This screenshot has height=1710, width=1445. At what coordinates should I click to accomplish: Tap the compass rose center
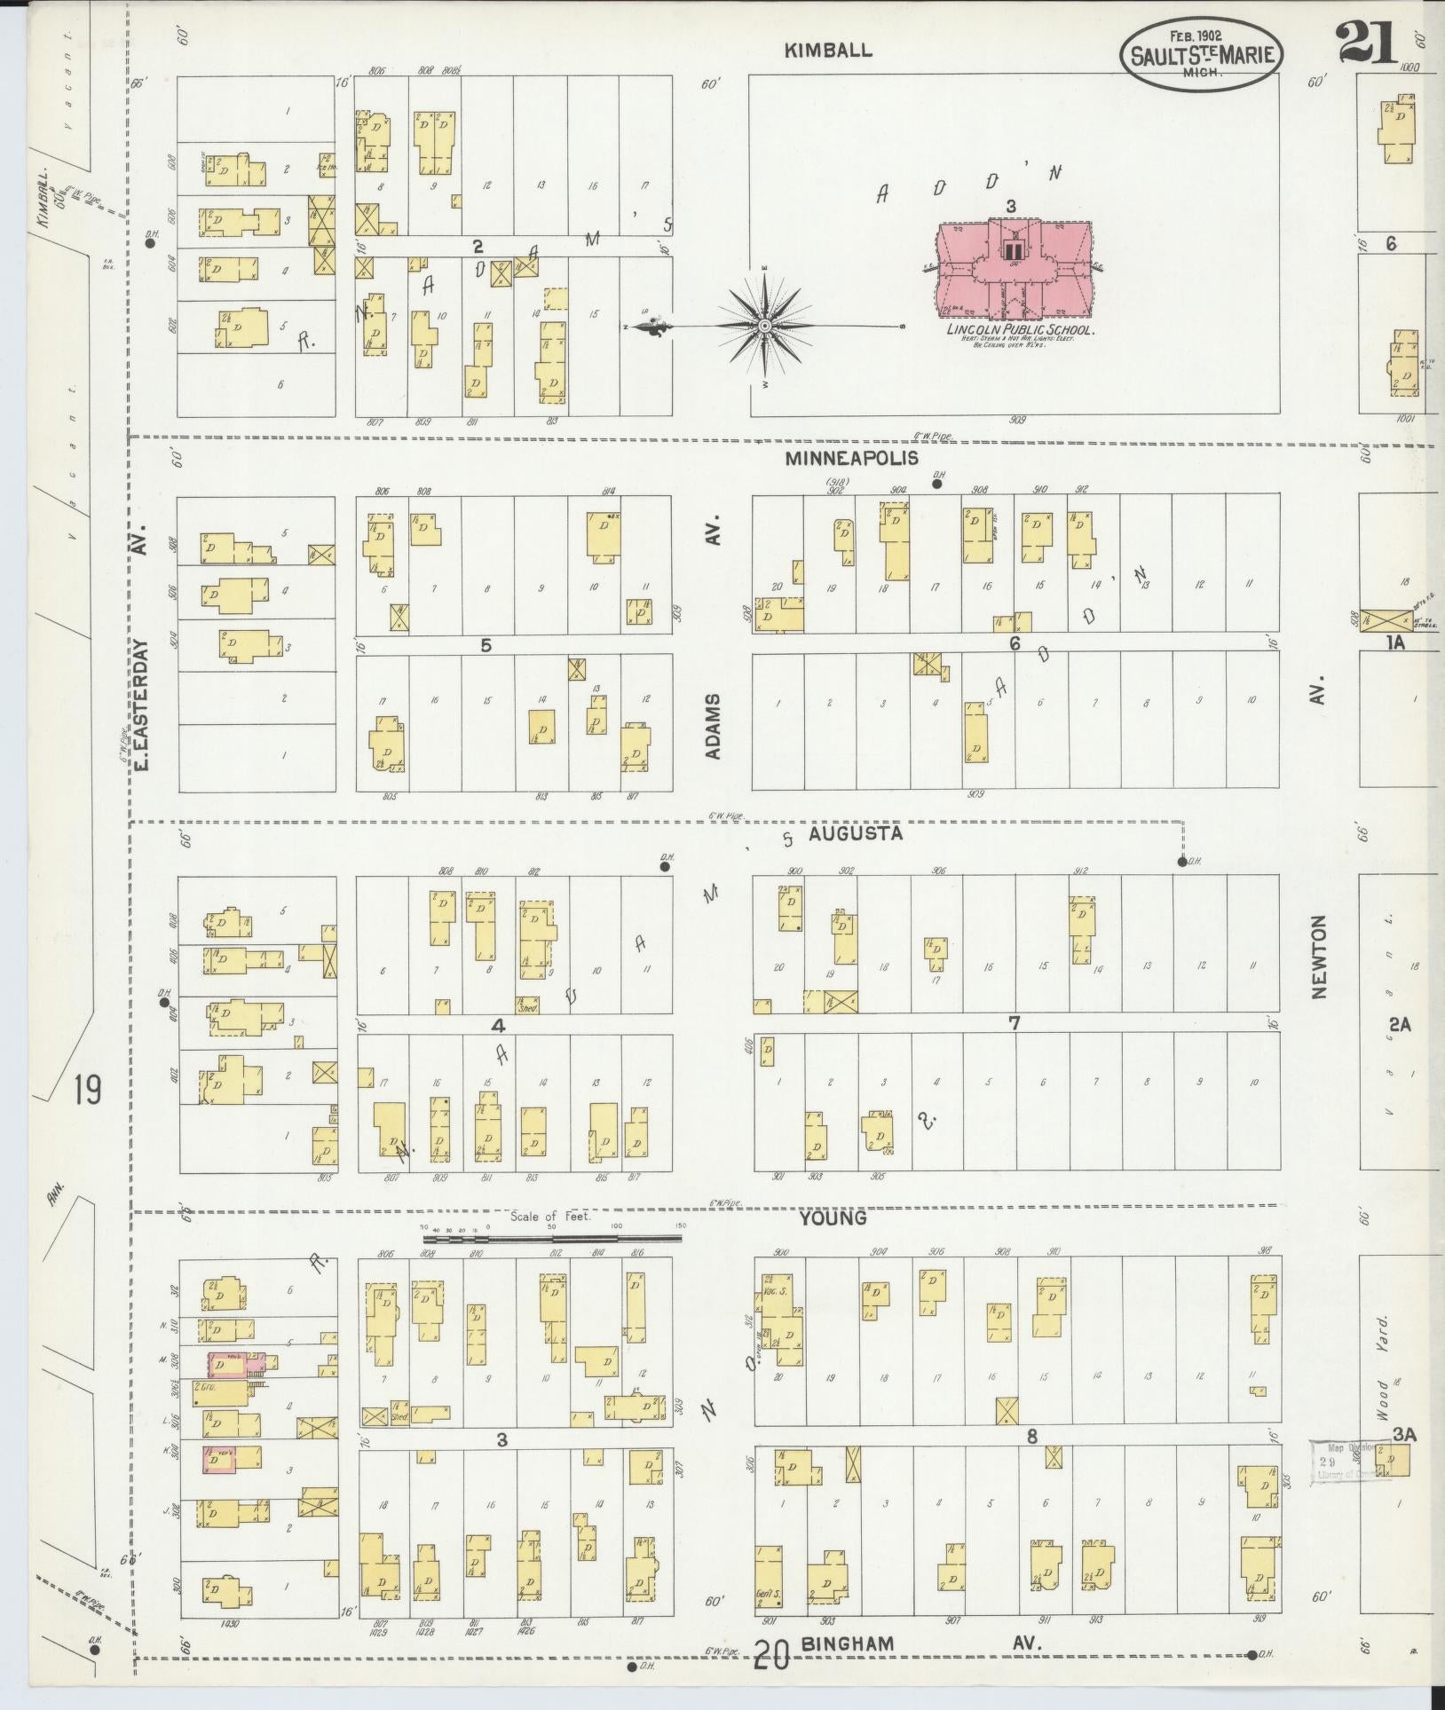tap(763, 327)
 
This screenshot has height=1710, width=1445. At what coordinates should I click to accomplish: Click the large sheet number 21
tap(1366, 43)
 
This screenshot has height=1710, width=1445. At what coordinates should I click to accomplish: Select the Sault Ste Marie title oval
tap(1203, 55)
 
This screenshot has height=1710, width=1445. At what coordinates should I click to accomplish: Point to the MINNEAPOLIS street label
tap(851, 459)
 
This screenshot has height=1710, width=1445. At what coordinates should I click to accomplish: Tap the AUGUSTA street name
tap(857, 833)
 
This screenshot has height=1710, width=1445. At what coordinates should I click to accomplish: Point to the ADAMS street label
tap(713, 728)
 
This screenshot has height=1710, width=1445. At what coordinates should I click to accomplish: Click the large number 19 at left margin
tap(86, 1090)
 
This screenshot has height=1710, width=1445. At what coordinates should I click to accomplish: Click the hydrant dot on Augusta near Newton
tap(1181, 862)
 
